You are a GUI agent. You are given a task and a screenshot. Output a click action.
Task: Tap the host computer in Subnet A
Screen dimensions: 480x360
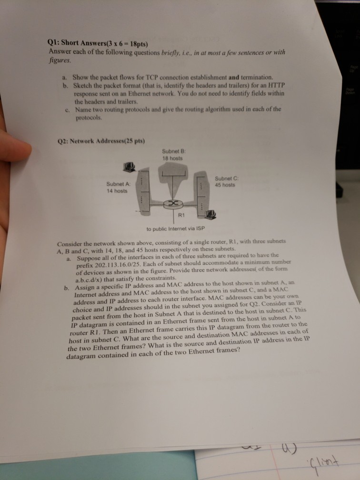click(129, 167)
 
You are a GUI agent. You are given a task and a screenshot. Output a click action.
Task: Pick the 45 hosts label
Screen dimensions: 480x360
click(225, 184)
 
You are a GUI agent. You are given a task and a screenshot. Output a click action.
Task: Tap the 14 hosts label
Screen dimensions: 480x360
click(117, 190)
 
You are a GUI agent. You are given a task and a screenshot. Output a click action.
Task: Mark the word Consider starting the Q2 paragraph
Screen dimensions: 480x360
click(70, 243)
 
